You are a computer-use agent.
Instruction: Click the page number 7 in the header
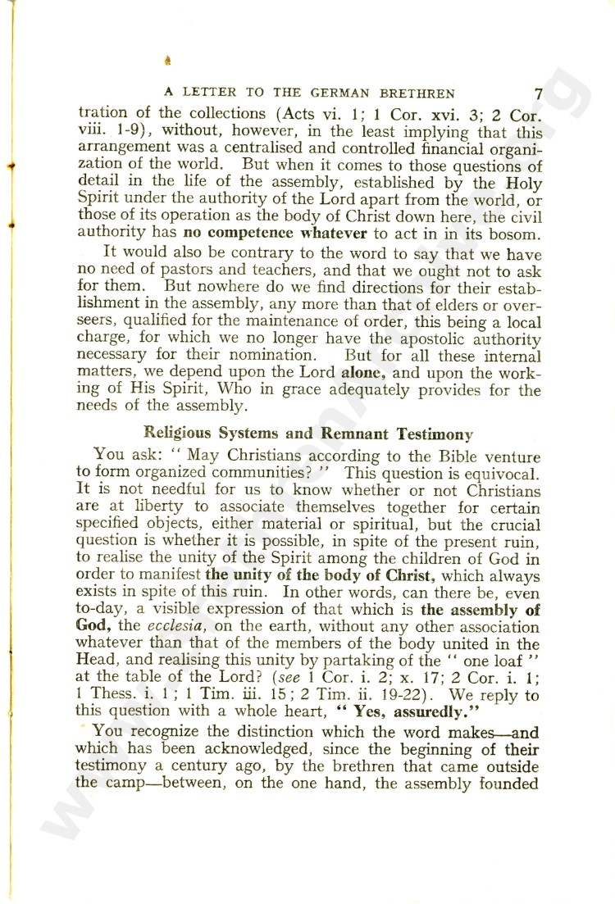[x=537, y=93]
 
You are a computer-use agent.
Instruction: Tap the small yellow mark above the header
[x=168, y=60]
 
